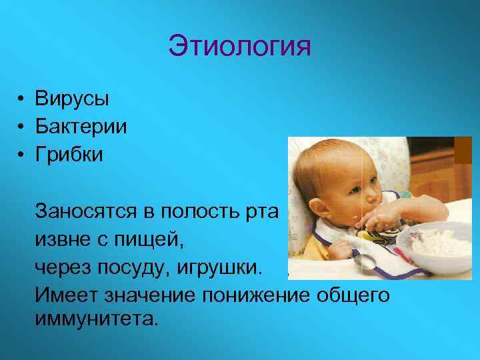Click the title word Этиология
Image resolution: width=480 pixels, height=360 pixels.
240,46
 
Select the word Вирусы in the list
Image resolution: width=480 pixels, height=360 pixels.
73,99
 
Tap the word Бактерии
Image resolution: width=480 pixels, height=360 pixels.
81,127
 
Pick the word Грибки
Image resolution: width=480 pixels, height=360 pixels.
70,155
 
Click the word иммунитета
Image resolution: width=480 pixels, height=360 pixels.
97,318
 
